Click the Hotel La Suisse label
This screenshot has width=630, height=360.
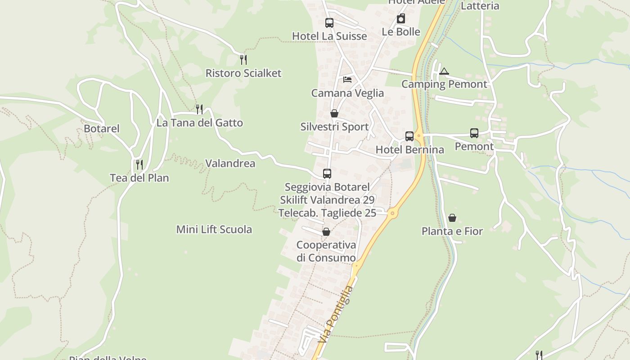click(x=329, y=36)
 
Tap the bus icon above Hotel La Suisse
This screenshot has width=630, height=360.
click(x=329, y=22)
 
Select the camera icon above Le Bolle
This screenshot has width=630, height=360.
click(x=400, y=18)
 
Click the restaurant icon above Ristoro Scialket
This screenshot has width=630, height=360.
click(x=243, y=59)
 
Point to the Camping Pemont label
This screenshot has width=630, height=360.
click(x=444, y=84)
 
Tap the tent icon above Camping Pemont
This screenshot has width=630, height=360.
click(x=444, y=71)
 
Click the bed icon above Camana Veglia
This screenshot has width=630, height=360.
click(x=347, y=80)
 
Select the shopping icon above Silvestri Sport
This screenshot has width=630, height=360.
click(x=334, y=113)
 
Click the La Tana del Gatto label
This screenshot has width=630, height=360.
click(x=199, y=123)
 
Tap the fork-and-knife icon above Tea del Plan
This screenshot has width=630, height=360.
click(x=139, y=164)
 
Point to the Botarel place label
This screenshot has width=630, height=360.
click(x=102, y=129)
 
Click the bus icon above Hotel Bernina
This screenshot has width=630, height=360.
click(x=409, y=136)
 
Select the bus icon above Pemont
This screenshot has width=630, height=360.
click(x=474, y=133)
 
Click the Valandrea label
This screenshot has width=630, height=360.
click(x=230, y=163)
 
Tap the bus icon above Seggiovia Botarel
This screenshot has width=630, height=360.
click(x=327, y=173)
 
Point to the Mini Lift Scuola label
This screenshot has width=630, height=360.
click(x=214, y=229)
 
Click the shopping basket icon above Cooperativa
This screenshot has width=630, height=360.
click(x=326, y=232)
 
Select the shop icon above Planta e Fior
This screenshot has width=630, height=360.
click(x=452, y=218)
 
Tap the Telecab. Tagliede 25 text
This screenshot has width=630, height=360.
click(x=327, y=213)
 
